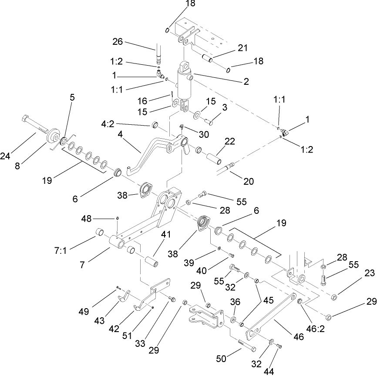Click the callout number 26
coord(118,42)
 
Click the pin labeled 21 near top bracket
coord(208,57)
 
